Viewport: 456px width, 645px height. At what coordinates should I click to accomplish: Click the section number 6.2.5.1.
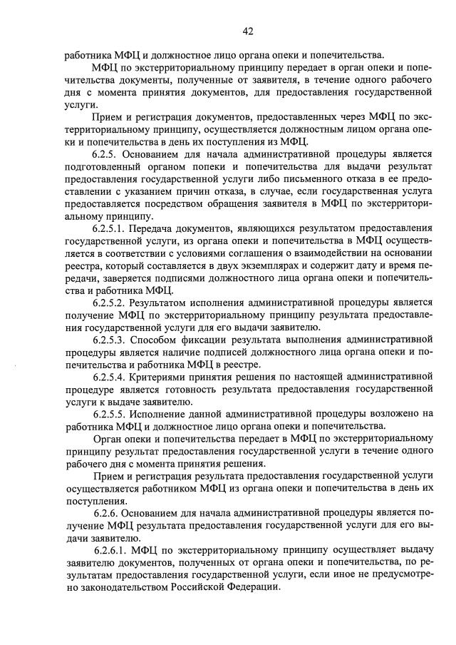tap(113, 227)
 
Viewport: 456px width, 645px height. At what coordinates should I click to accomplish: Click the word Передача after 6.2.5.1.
tap(163, 227)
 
